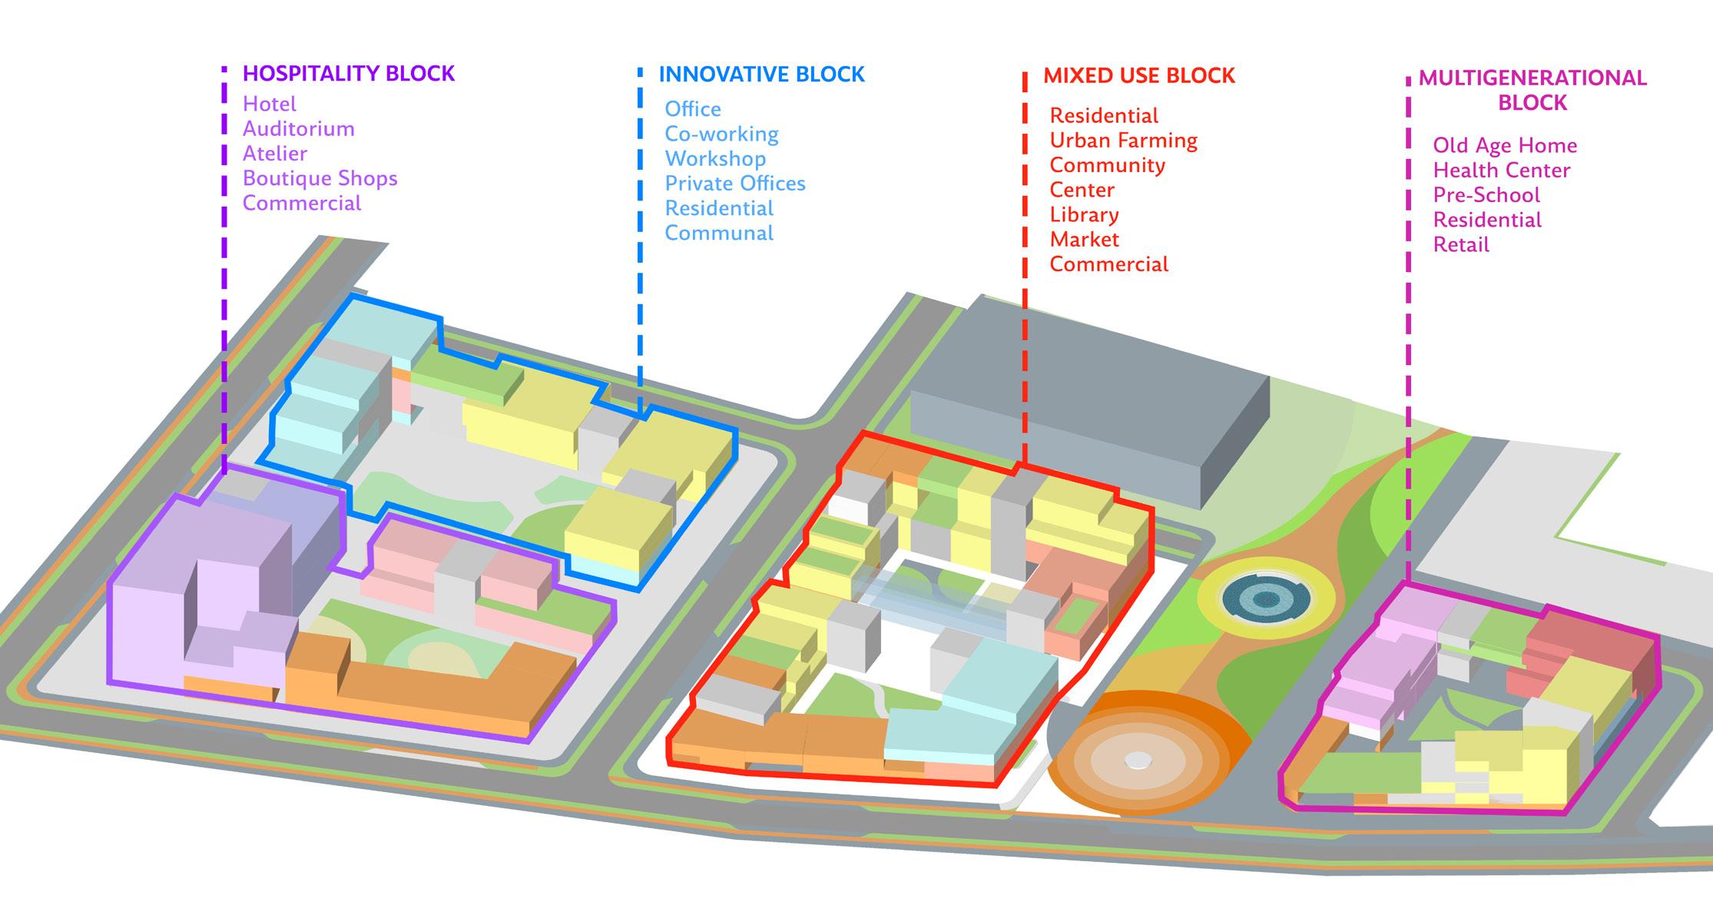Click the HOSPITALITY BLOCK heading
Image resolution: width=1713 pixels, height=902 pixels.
[349, 74]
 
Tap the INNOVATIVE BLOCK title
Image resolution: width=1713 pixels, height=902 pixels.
[761, 75]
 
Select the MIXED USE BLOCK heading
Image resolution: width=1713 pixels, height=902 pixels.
[1138, 76]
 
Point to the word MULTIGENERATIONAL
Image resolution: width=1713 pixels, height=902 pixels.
[1532, 78]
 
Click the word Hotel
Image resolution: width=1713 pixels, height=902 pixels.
[269, 104]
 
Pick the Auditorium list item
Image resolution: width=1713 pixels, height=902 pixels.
[298, 128]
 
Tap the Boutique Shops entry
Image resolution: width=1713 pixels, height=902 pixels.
[320, 178]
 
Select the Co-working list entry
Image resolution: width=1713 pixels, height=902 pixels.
[721, 134]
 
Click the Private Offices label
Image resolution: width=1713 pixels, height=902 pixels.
[734, 184]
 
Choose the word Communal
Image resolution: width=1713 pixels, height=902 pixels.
[718, 233]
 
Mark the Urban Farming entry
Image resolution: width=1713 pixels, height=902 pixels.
[1123, 141]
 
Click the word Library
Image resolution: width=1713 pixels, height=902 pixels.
[1084, 215]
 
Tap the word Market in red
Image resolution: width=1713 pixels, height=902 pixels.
[1084, 240]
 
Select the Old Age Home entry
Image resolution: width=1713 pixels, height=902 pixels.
[1504, 145]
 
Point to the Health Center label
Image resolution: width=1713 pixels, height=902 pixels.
[1501, 171]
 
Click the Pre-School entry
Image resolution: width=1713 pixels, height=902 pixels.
[1486, 195]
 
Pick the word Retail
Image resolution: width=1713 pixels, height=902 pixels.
[1460, 245]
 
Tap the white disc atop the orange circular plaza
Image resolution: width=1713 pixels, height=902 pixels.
[1138, 760]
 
